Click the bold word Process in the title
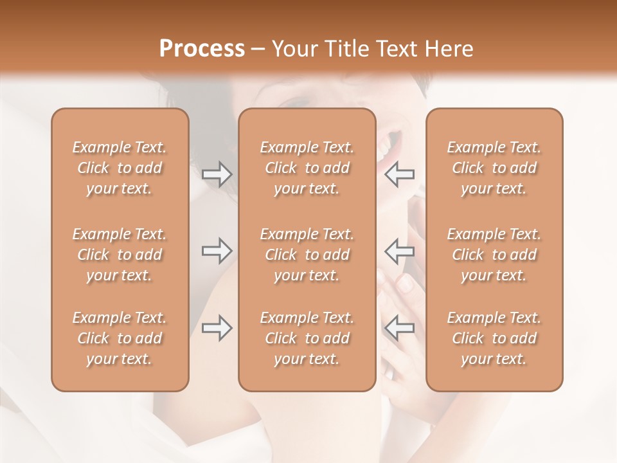[x=202, y=49]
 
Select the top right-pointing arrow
[x=217, y=174]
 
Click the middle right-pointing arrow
[x=217, y=251]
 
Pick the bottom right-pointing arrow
[x=217, y=328]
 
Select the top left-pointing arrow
[x=400, y=174]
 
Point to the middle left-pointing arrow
[x=400, y=251]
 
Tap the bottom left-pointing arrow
[x=400, y=328]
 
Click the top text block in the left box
[x=120, y=168]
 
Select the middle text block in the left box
[x=120, y=255]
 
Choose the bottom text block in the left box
[x=120, y=338]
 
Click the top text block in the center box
[x=307, y=168]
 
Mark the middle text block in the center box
[x=307, y=255]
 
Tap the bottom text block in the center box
[x=307, y=338]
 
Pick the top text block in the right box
[x=494, y=168]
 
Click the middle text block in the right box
[x=494, y=255]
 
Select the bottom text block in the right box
[x=494, y=338]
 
